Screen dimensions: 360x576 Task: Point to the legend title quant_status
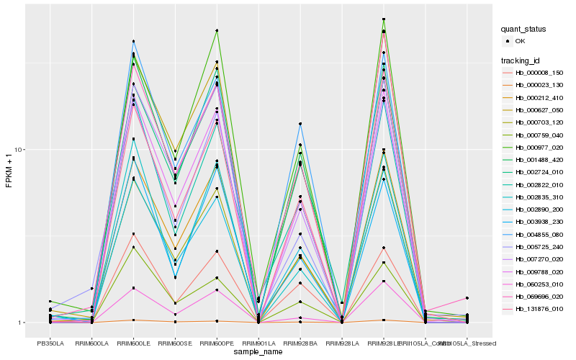point(523,30)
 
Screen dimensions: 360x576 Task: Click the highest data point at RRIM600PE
point(217,30)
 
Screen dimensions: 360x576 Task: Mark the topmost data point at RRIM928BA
point(300,124)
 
